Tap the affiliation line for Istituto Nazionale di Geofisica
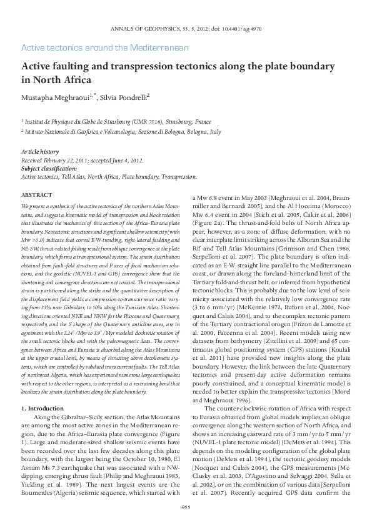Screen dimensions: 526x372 click(123, 132)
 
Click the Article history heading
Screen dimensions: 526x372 click(40, 152)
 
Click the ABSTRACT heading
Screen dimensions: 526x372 click(37, 196)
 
